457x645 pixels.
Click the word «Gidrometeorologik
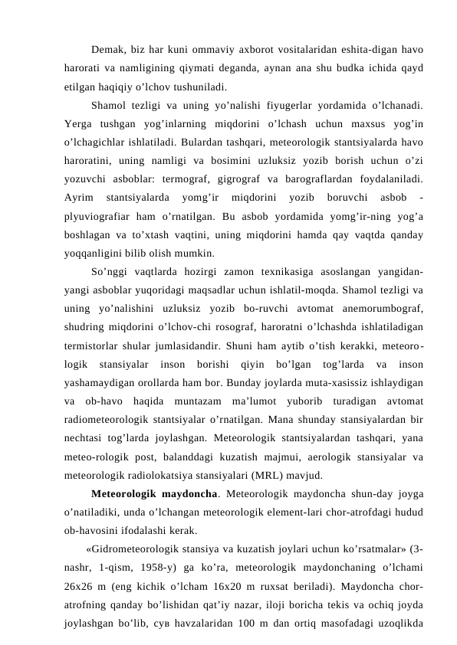click(x=136, y=548)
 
